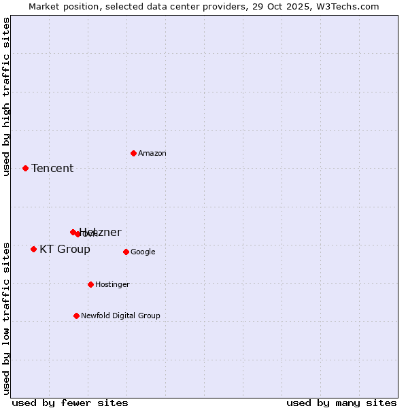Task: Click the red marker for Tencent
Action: pyautogui.click(x=25, y=168)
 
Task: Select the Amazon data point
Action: pyautogui.click(x=133, y=153)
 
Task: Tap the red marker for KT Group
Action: pyautogui.click(x=33, y=249)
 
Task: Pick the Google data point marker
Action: pyautogui.click(x=126, y=252)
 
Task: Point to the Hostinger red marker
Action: pyautogui.click(x=90, y=284)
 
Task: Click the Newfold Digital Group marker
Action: pyautogui.click(x=76, y=316)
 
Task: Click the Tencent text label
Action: pyautogui.click(x=52, y=169)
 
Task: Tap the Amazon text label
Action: pyautogui.click(x=152, y=154)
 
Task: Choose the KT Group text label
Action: pyautogui.click(x=65, y=250)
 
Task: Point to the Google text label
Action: pyautogui.click(x=143, y=252)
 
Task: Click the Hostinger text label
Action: pyautogui.click(x=112, y=285)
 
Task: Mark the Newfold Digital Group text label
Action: pyautogui.click(x=120, y=316)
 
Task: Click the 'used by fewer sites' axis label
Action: pyautogui.click(x=70, y=403)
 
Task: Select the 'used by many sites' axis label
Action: pyautogui.click(x=341, y=403)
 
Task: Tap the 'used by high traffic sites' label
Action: pyautogui.click(x=6, y=97)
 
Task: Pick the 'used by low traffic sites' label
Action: pyautogui.click(x=6, y=318)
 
